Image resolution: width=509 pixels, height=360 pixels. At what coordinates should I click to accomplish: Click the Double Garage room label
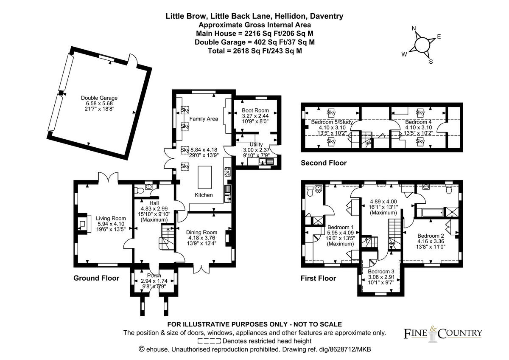tap(99, 98)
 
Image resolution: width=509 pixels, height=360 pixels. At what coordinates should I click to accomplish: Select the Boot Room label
tap(255, 110)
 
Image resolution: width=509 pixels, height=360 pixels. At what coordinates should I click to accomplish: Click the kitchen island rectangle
tap(205, 177)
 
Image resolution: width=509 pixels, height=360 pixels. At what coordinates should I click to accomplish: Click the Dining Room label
tap(201, 232)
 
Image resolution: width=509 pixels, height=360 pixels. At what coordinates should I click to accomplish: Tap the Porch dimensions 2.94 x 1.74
tap(154, 281)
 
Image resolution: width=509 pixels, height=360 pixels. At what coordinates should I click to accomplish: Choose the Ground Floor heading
tap(96, 278)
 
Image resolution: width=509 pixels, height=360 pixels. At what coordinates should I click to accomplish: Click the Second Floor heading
tap(324, 163)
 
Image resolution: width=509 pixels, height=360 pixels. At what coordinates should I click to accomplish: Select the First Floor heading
tap(318, 278)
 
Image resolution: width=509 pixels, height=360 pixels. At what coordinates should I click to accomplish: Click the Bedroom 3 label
tap(381, 272)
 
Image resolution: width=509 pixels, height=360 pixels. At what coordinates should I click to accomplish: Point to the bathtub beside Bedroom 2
tap(433, 212)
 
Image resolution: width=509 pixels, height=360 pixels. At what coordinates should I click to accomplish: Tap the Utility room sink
tap(266, 161)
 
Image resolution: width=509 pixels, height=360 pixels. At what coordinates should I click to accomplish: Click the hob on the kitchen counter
tap(227, 172)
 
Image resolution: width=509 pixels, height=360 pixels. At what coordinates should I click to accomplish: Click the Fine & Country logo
tap(443, 333)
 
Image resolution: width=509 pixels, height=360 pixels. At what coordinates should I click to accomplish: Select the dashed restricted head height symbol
tap(209, 341)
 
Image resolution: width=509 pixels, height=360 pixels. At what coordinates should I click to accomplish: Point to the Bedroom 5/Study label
tap(332, 122)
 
